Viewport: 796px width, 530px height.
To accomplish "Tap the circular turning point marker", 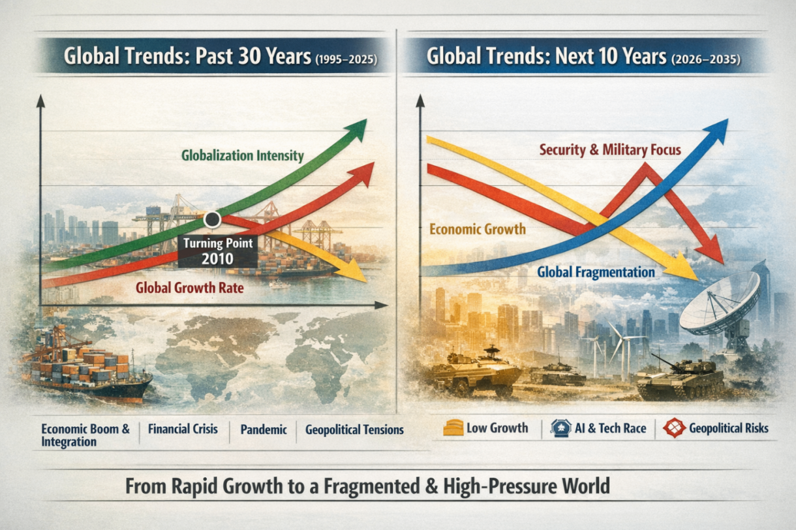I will pos(211,220).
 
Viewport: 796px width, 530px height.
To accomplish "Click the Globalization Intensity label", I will pos(243,156).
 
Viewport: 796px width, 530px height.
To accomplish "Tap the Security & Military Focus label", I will pos(610,149).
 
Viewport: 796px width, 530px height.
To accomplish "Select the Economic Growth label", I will pos(478,229).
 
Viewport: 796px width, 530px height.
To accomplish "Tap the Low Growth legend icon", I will pos(452,428).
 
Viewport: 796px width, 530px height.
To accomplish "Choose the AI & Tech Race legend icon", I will pos(560,428).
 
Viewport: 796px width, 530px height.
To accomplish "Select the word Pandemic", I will pos(264,429).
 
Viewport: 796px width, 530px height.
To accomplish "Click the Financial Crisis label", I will pos(183,429).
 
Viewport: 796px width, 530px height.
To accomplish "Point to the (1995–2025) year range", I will pos(345,58).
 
